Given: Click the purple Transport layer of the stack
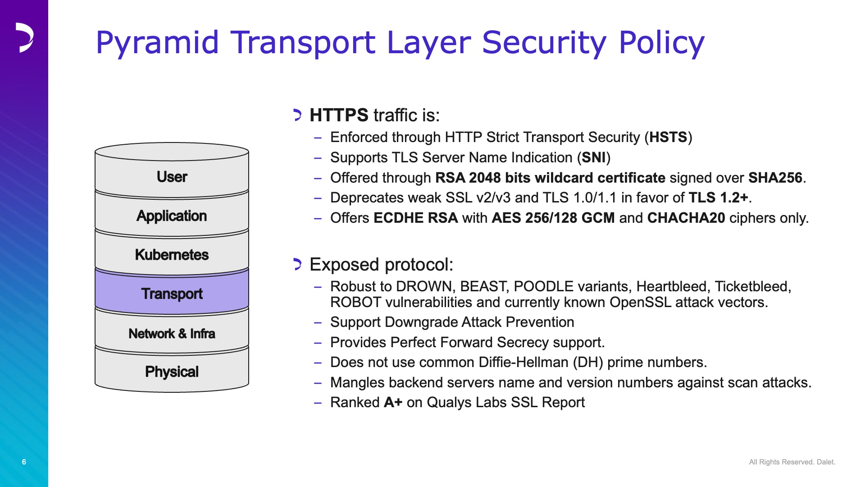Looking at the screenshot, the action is (172, 292).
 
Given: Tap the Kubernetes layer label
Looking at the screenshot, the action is (172, 254).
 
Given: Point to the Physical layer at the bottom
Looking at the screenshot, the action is (172, 370).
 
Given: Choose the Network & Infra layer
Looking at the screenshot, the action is (172, 331).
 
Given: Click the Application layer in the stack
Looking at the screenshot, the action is (172, 214).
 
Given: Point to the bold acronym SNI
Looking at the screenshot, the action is (594, 157).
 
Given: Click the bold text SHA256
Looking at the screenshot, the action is (775, 178).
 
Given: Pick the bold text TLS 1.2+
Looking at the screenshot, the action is (719, 198).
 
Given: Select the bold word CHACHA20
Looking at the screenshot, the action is (686, 218).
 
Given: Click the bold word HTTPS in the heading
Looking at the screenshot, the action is (339, 115).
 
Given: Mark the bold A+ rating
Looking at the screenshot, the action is (393, 402).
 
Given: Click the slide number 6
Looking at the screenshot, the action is (24, 462).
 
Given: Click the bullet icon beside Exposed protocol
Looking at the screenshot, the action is (297, 264).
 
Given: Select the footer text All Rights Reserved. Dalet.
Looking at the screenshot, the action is (792, 462).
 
